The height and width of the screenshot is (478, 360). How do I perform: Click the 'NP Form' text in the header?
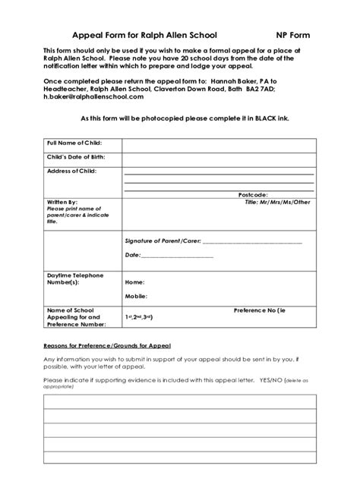[x=292, y=35]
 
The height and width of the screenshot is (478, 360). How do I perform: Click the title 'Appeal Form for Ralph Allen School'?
[x=144, y=35]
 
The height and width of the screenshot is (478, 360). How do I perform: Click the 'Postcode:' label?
[x=253, y=195]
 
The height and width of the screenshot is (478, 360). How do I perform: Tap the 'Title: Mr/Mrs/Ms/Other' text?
[x=277, y=203]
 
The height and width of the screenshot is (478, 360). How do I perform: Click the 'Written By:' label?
[x=62, y=203]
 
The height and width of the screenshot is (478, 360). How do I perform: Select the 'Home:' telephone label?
[x=134, y=281]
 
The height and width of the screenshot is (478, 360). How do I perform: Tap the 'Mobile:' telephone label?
[x=136, y=296]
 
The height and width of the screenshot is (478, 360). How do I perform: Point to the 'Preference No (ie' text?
[x=260, y=310]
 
